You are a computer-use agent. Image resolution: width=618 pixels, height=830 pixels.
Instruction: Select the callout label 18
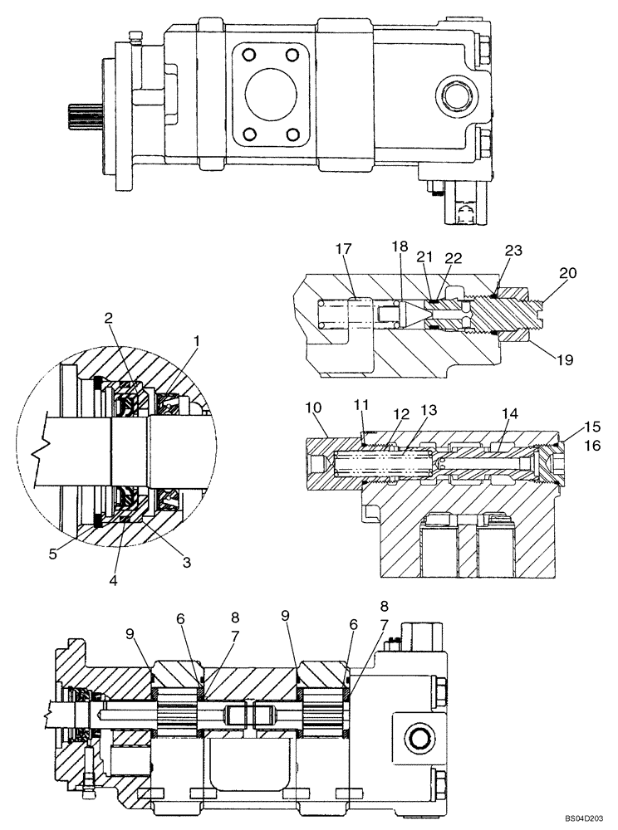click(x=401, y=247)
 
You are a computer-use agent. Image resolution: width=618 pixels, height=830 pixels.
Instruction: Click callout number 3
click(x=187, y=562)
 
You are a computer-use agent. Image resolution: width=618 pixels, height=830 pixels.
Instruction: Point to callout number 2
click(x=108, y=317)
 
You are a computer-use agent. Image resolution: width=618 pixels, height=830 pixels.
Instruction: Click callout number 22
click(x=452, y=258)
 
